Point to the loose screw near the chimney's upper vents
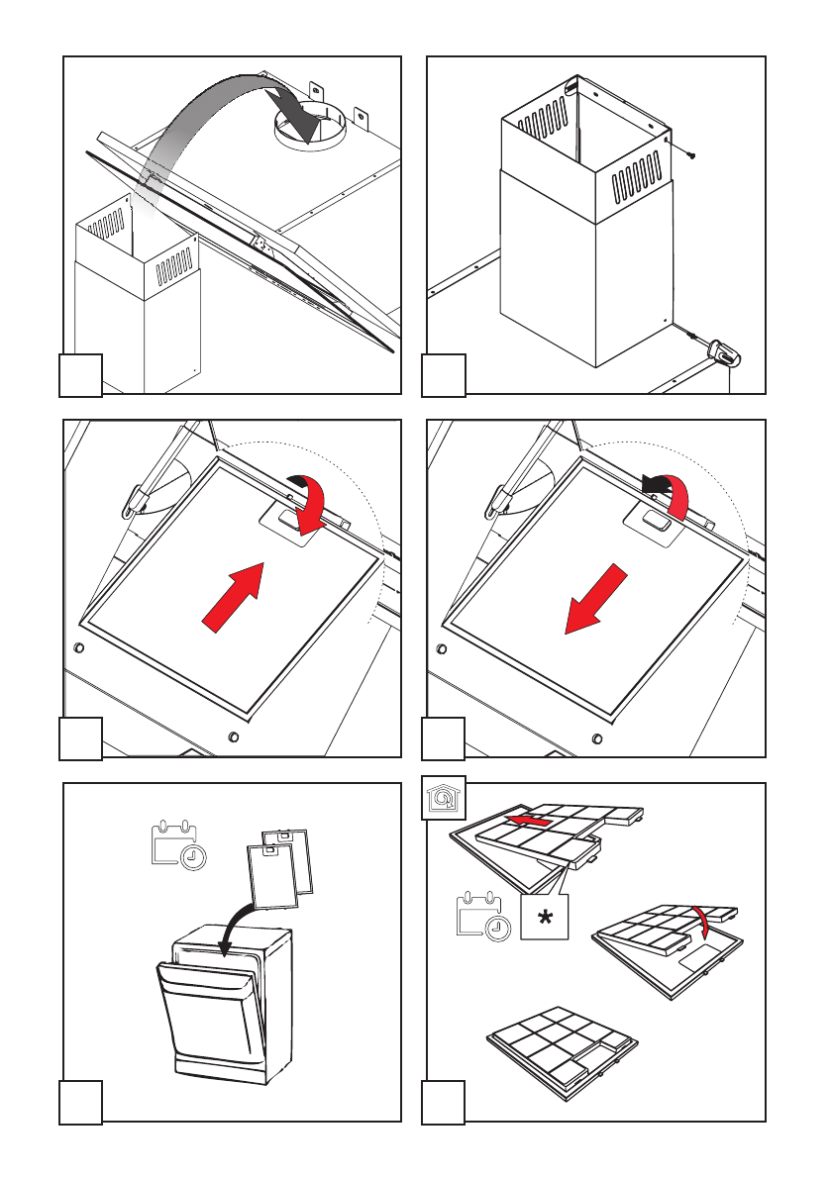(x=690, y=153)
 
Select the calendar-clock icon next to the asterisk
(x=484, y=916)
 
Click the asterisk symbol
(x=545, y=920)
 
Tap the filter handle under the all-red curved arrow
(x=293, y=519)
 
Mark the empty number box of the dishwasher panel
(x=80, y=1103)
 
